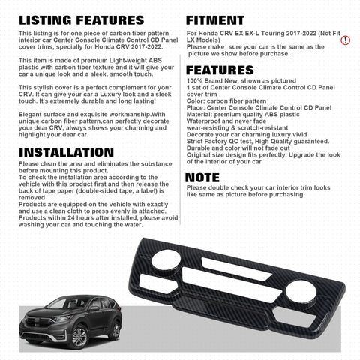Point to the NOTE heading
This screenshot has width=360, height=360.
coord(203,177)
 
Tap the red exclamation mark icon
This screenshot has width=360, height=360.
coord(345,40)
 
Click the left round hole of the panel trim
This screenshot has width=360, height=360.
coord(163,259)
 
